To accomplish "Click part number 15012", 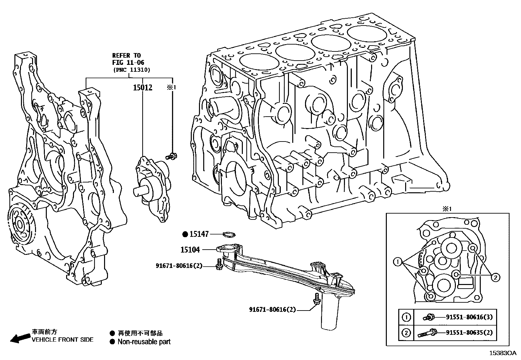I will (142, 87).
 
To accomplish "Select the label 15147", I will (199, 234).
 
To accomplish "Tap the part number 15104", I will (190, 250).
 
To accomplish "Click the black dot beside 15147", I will (185, 234).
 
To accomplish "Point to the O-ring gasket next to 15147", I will (229, 234).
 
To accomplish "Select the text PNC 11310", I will (131, 70).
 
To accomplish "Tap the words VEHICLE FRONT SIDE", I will (62, 340).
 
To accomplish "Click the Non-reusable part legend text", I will (144, 342).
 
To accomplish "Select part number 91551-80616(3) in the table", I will (469, 317).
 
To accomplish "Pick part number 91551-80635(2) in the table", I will (469, 333).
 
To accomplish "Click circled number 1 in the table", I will (406, 317).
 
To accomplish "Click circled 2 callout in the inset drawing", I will (495, 277).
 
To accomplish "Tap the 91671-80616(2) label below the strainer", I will (272, 309).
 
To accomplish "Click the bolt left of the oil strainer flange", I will (219, 264).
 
